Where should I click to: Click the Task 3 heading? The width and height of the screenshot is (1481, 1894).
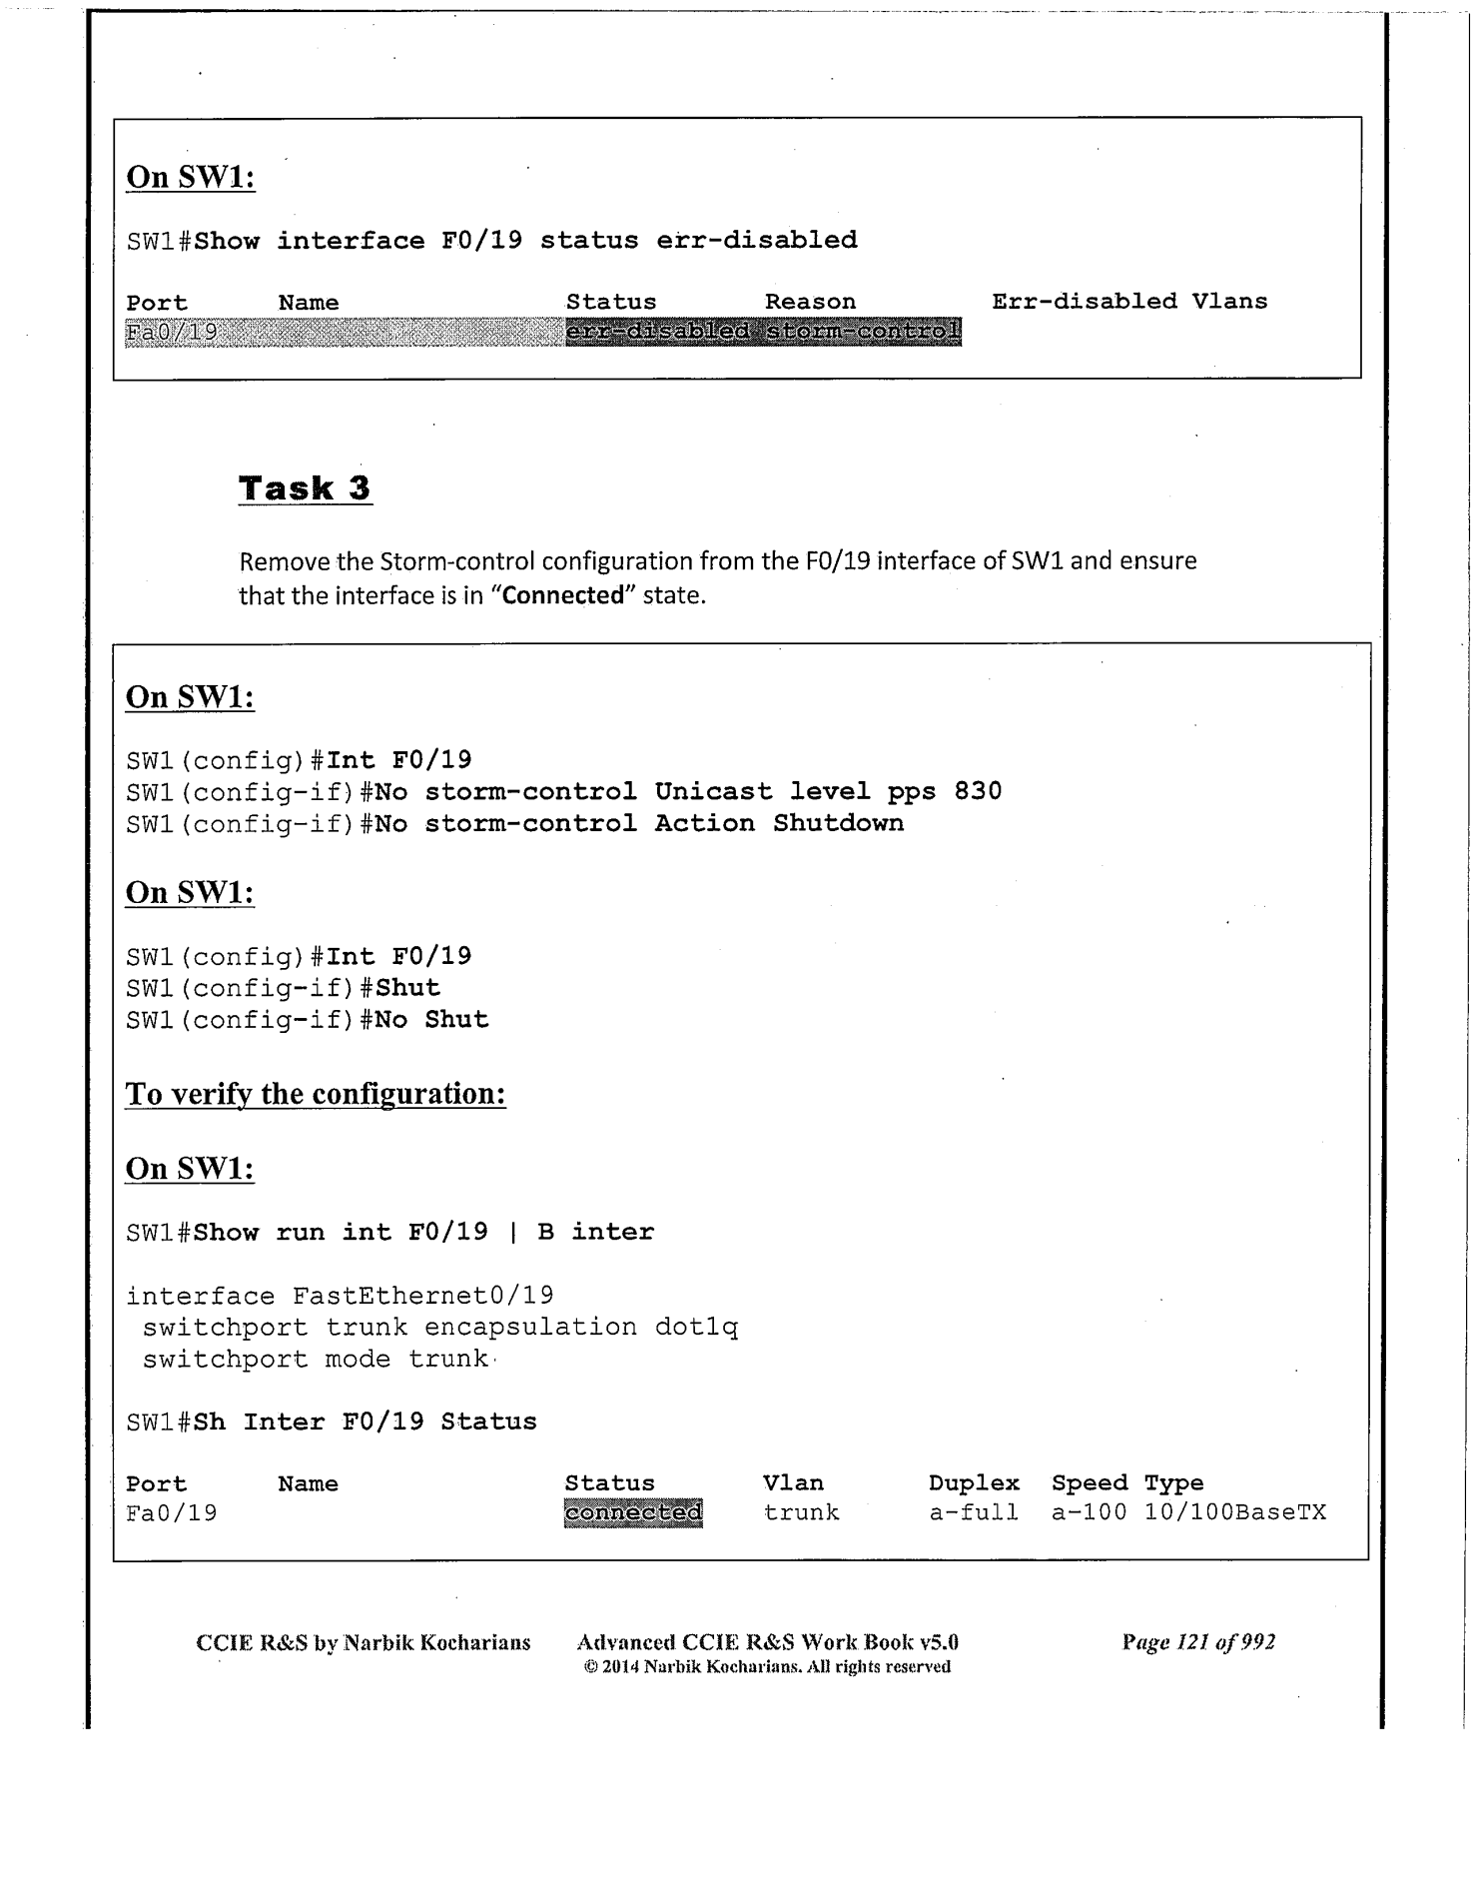click(x=305, y=488)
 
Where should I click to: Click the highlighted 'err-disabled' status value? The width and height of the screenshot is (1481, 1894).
click(x=658, y=332)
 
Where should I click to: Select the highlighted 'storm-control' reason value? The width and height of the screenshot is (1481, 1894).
click(x=861, y=332)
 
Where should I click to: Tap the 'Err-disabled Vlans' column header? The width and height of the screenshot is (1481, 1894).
click(x=1128, y=302)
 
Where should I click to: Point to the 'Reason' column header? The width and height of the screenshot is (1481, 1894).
click(x=810, y=302)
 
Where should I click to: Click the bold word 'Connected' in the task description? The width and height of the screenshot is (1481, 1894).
click(x=563, y=595)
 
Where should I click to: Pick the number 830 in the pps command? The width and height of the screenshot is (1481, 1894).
click(x=978, y=791)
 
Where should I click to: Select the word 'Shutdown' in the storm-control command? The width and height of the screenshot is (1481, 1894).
click(x=838, y=823)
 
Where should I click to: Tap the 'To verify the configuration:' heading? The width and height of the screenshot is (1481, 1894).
click(x=316, y=1094)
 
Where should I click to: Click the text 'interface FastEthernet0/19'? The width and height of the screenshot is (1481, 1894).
click(x=340, y=1296)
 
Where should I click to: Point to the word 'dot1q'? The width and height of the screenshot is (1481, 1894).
click(x=696, y=1328)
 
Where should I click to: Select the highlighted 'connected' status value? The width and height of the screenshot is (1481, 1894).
click(x=633, y=1513)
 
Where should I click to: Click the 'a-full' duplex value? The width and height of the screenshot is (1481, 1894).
click(x=974, y=1513)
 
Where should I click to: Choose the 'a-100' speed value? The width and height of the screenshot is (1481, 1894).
click(x=1089, y=1513)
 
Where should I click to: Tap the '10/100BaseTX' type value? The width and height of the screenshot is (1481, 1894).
click(x=1235, y=1513)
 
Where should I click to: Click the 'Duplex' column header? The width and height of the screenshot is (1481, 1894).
click(x=974, y=1483)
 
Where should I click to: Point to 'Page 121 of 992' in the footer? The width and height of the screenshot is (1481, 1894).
click(x=1198, y=1642)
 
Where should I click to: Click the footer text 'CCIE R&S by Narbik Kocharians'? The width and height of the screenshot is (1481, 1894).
click(x=364, y=1643)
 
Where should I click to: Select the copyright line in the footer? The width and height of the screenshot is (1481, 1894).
click(x=767, y=1667)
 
